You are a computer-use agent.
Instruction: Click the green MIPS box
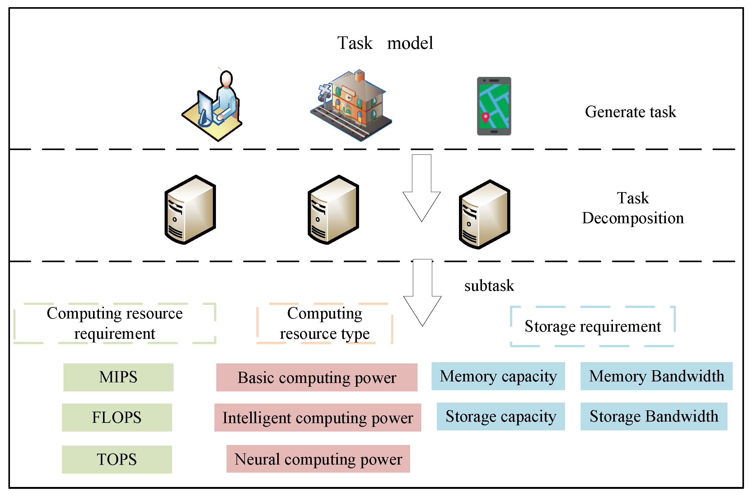click(x=118, y=377)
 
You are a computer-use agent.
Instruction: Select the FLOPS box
click(x=117, y=418)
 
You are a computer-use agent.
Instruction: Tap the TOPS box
click(x=117, y=460)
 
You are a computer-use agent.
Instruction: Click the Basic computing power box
click(x=317, y=378)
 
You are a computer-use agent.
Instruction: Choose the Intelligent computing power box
click(x=318, y=418)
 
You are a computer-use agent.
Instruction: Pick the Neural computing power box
click(x=318, y=459)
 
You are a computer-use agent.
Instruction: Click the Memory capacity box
click(x=498, y=376)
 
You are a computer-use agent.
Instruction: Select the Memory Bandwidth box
click(x=656, y=376)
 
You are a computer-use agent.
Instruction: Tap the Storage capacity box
click(x=501, y=417)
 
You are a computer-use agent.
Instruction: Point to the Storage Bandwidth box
click(x=654, y=417)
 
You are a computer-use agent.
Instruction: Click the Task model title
click(x=385, y=43)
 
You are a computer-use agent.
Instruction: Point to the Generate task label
click(x=630, y=112)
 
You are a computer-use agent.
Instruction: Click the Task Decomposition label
click(x=633, y=208)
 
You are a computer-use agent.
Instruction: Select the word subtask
click(x=489, y=286)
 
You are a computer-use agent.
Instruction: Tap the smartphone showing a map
click(x=494, y=106)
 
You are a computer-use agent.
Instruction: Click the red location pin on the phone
click(x=485, y=117)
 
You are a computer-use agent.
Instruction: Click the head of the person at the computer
click(x=226, y=79)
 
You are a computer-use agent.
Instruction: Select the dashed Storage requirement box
click(x=592, y=326)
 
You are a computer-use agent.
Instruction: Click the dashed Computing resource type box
click(x=325, y=324)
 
